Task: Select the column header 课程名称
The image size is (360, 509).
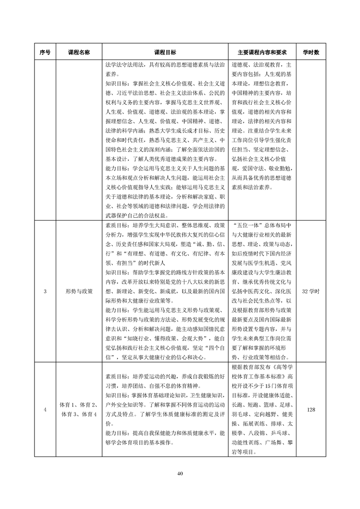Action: coord(79,52)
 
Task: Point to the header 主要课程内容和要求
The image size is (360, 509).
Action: coord(263,52)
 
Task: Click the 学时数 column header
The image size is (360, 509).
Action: coord(311,52)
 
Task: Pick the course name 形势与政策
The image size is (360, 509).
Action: coord(79,291)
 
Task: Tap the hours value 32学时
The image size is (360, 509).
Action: coord(311,291)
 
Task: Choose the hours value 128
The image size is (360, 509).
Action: coord(311,410)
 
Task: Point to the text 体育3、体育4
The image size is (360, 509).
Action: coord(79,415)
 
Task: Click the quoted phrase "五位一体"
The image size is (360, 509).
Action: coord(247,225)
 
